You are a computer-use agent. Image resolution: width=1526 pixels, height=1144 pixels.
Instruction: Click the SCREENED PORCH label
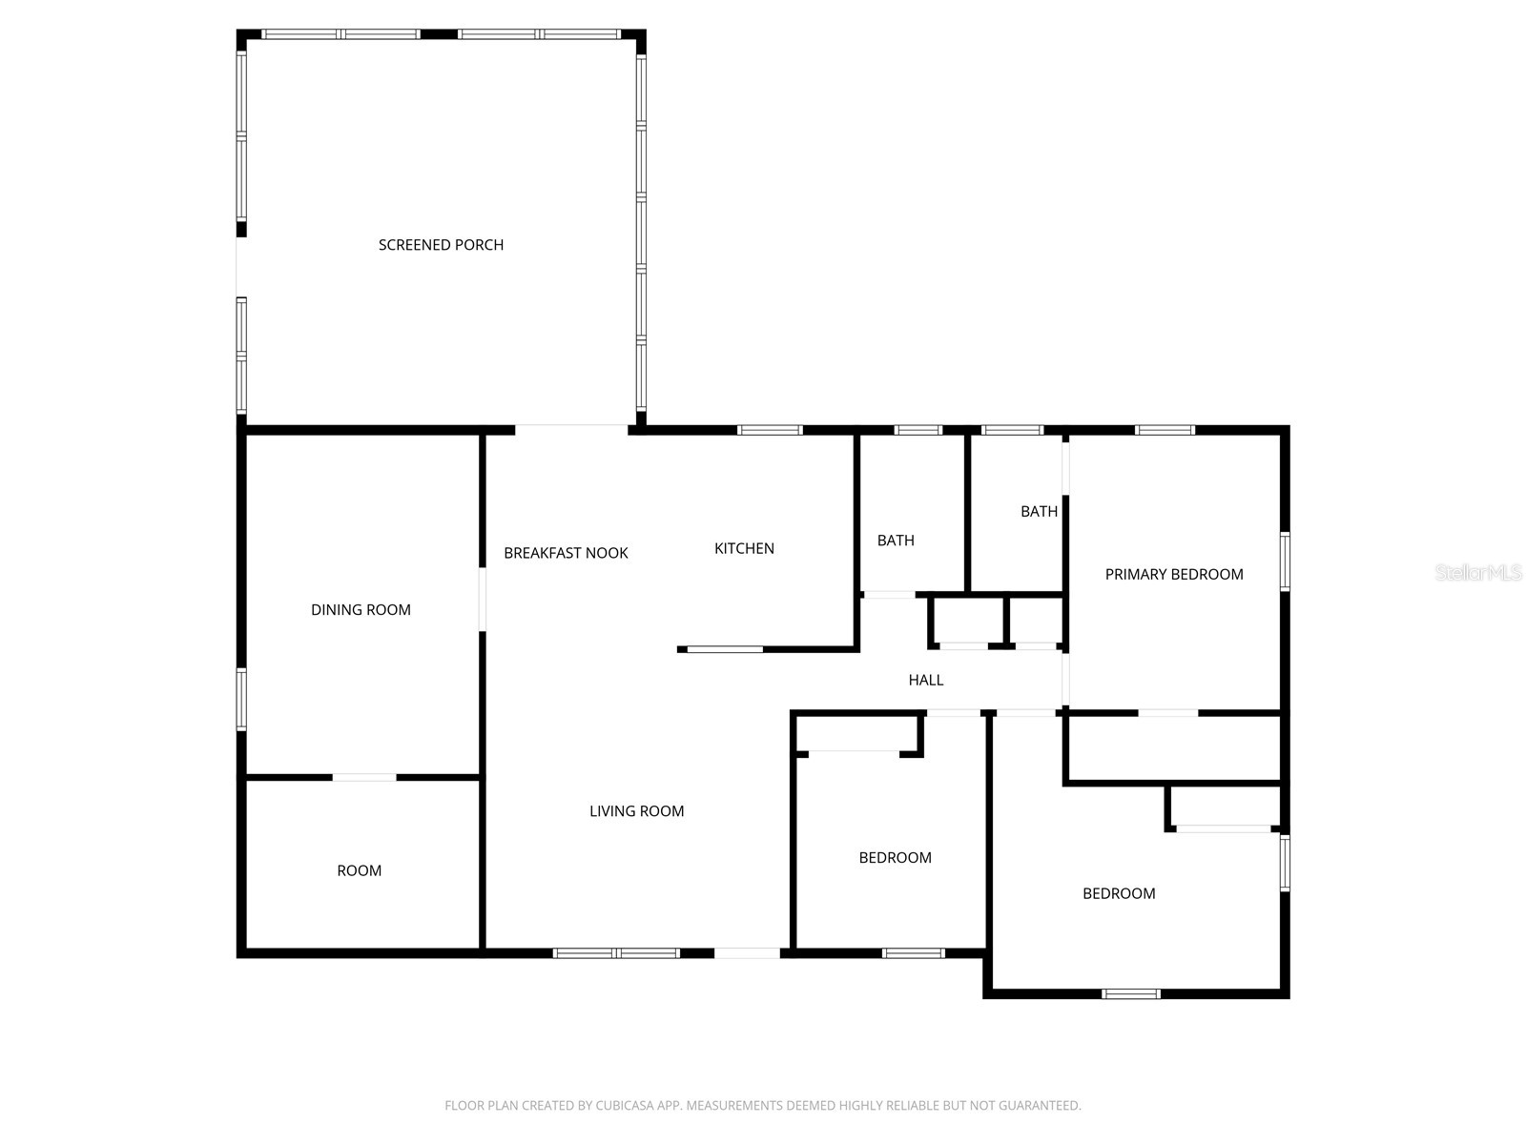441,244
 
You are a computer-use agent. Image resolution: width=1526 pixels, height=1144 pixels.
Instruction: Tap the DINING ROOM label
361,609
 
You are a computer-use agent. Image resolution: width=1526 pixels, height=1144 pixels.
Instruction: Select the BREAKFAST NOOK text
566,552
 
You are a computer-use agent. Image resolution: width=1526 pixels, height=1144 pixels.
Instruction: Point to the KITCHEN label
744,548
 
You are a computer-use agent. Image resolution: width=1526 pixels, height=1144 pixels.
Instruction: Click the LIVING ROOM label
636,810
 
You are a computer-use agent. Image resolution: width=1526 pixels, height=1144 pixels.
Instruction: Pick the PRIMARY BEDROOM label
1173,574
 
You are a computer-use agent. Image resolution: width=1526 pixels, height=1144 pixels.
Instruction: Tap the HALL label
925,680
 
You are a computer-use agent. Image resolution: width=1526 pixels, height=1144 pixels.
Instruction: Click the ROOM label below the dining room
359,870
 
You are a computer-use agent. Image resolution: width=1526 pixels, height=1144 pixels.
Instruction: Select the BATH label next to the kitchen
896,540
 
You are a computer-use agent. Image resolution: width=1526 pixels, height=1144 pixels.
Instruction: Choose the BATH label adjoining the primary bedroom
1039,511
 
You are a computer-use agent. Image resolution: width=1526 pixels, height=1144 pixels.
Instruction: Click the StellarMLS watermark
1478,572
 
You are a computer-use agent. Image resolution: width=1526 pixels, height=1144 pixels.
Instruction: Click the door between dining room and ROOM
364,777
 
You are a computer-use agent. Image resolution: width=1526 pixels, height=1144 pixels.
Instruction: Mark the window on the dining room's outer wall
241,699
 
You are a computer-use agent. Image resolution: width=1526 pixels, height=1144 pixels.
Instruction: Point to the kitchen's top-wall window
770,430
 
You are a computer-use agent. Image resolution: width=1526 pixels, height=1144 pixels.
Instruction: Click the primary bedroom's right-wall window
1285,562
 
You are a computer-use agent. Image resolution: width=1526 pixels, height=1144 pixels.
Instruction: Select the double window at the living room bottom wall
616,953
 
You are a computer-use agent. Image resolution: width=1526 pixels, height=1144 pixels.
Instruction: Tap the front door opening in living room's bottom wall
748,953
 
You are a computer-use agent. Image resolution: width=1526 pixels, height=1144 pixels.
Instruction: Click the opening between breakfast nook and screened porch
571,430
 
